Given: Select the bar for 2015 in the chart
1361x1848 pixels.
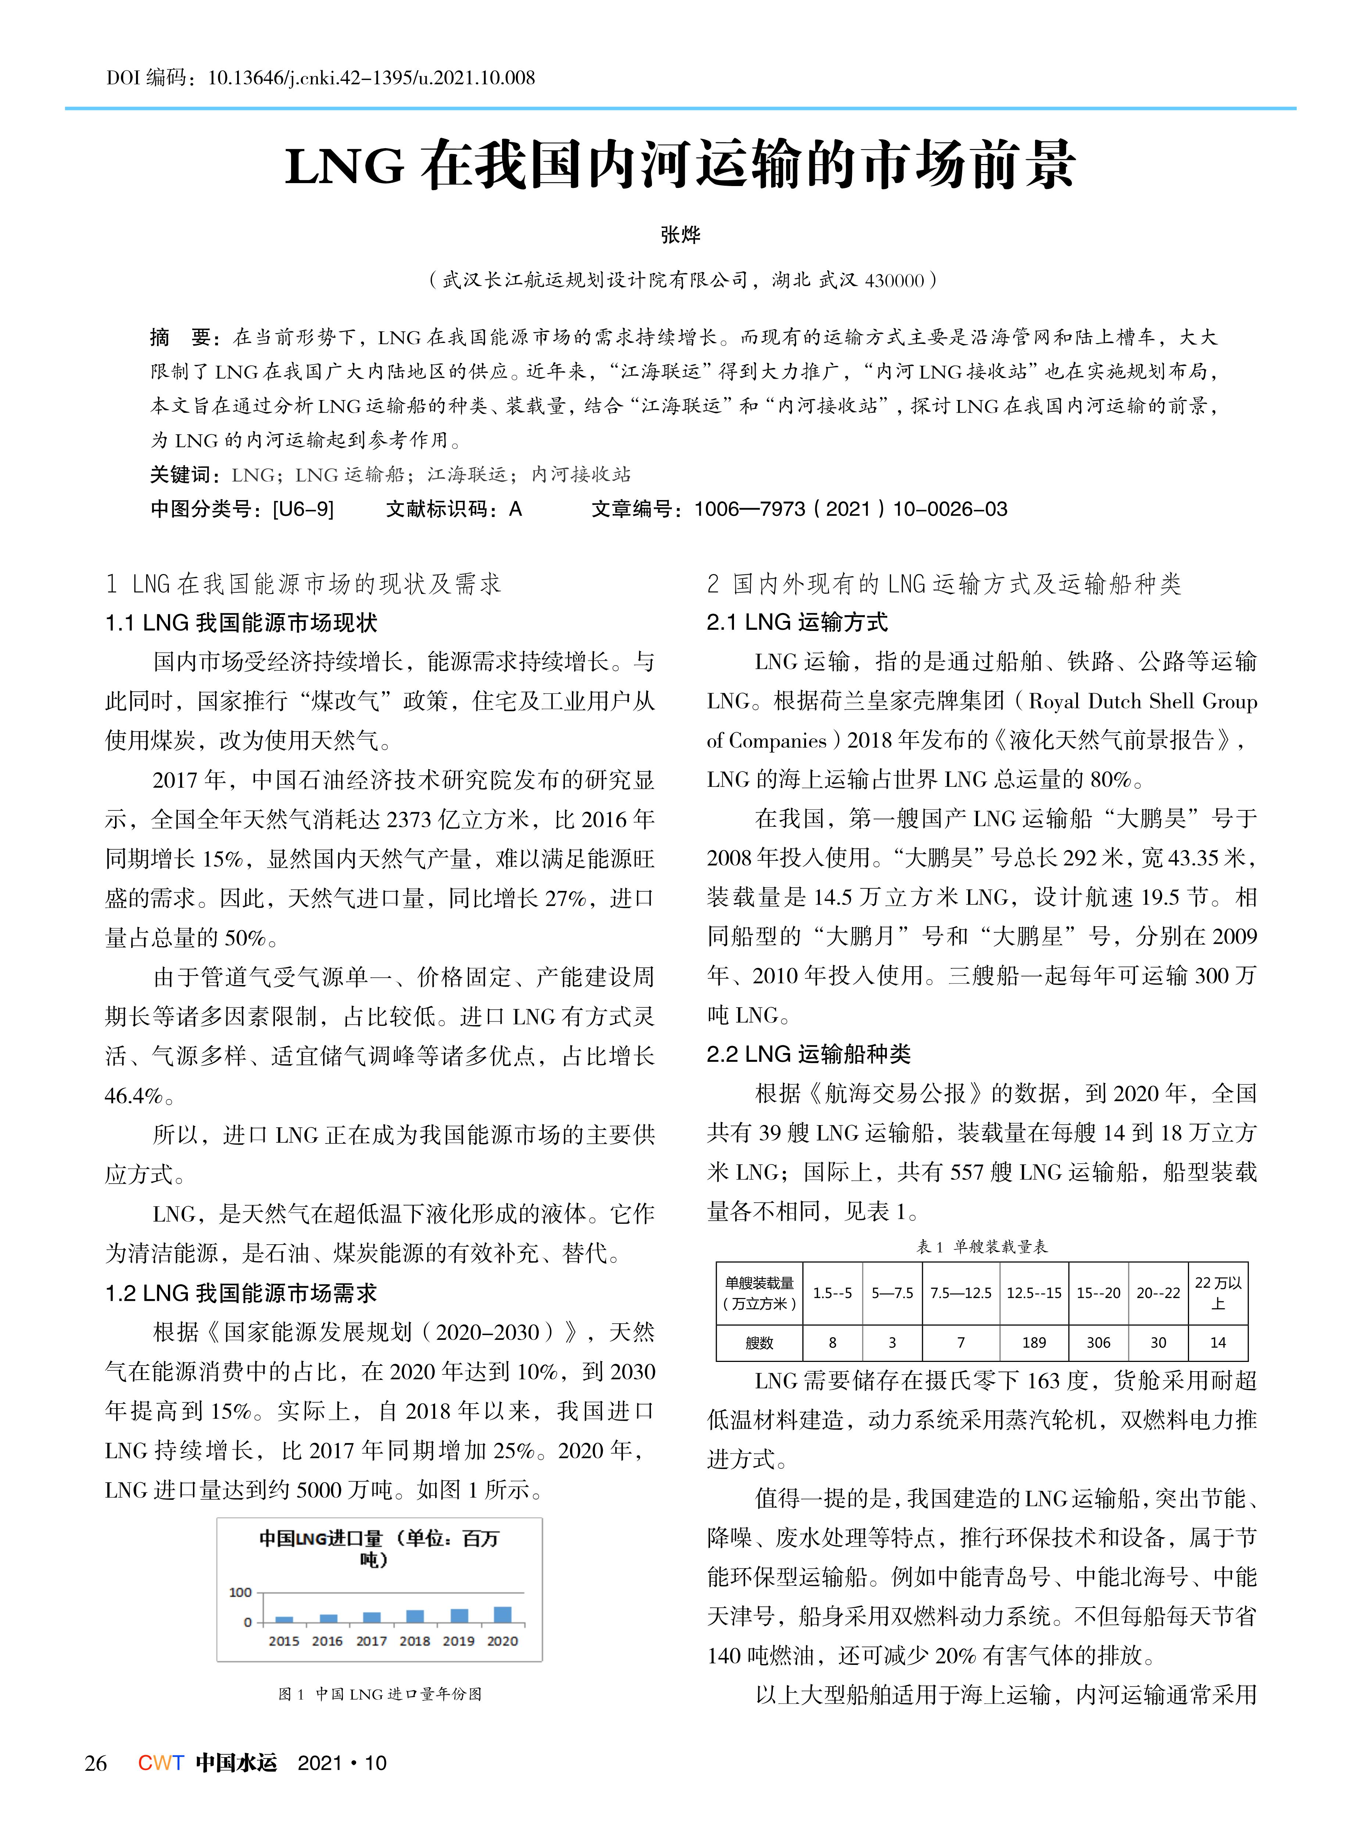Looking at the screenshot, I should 284,1619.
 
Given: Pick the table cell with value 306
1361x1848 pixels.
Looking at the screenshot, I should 1098,1342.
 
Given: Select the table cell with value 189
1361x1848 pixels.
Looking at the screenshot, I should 1034,1342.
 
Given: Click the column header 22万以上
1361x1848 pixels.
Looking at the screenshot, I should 1218,1292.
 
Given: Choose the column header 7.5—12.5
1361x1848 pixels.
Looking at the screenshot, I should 961,1292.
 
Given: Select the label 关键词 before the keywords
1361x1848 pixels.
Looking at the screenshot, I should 181,475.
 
